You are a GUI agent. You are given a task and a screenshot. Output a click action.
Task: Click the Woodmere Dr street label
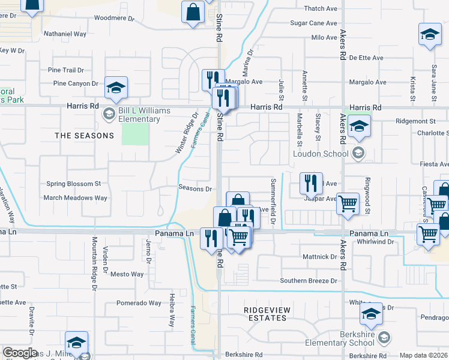[x=115, y=19]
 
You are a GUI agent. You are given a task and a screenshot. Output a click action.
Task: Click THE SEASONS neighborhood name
[x=84, y=136]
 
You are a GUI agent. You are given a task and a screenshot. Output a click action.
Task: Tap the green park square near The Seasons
[x=135, y=134]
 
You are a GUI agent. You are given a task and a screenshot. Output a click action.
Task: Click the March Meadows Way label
[x=75, y=197]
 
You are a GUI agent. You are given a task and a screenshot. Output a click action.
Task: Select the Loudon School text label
[x=321, y=154]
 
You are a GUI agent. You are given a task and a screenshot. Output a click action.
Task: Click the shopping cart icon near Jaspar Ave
[x=348, y=205]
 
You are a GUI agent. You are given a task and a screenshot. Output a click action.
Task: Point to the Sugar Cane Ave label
[x=314, y=23]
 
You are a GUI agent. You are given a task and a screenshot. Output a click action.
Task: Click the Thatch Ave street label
[x=321, y=8]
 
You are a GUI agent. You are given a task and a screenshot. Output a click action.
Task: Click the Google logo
[x=21, y=353]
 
